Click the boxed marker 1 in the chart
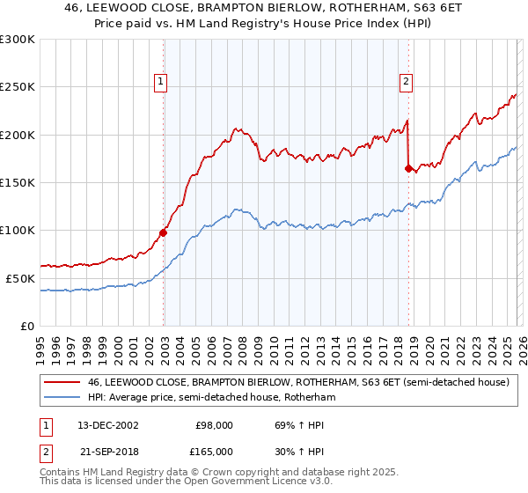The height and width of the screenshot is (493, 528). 162,82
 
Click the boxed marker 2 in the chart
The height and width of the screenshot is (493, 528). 407,82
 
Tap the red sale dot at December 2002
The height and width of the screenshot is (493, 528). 164,233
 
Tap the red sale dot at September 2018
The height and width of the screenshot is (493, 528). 408,168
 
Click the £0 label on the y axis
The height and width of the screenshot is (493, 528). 28,326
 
